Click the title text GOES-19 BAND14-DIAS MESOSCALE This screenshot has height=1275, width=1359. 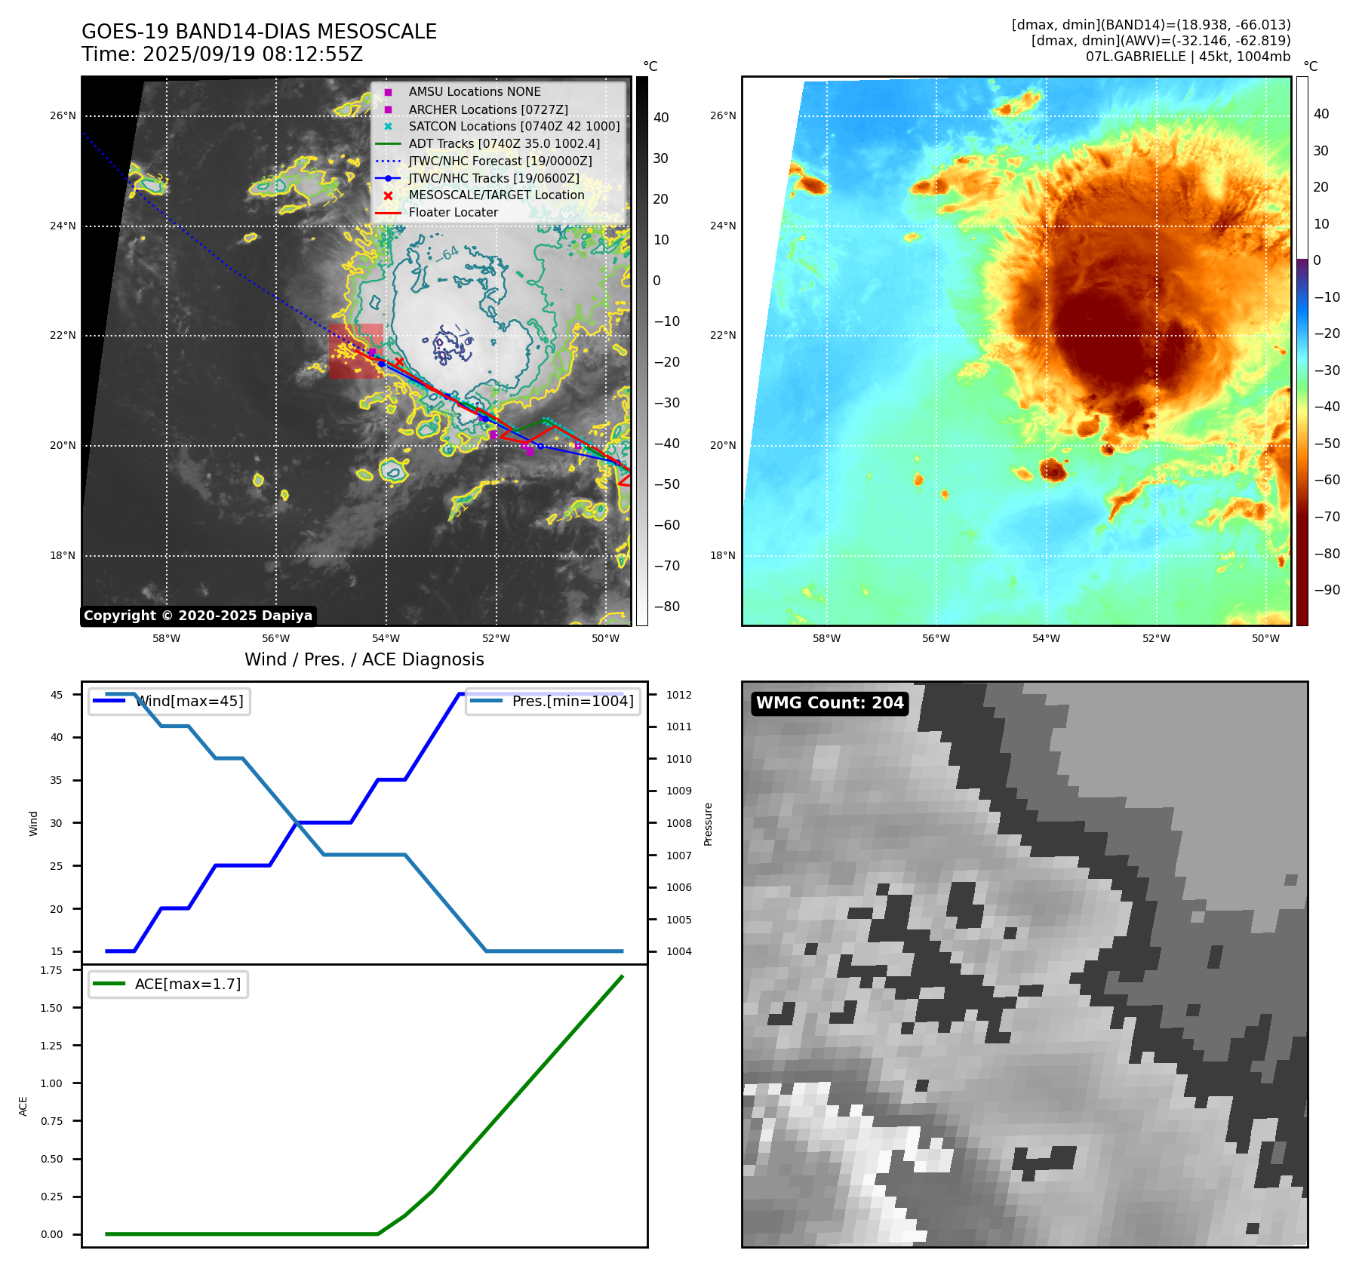tap(259, 32)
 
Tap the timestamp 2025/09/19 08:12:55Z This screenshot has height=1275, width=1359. tap(252, 54)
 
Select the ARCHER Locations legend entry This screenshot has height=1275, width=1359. tap(487, 109)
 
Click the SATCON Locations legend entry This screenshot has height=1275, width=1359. tap(513, 126)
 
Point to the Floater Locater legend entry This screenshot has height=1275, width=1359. tap(453, 212)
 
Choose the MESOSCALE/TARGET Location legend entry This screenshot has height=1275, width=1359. tap(496, 195)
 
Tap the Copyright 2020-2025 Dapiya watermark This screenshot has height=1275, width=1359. tap(198, 616)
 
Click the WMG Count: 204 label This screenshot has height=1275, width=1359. tap(829, 703)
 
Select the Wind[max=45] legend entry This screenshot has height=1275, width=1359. tap(189, 701)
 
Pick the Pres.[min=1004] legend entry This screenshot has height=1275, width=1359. tap(572, 701)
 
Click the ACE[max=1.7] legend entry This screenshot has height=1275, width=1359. tap(187, 984)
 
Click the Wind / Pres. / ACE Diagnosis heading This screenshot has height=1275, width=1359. tap(364, 659)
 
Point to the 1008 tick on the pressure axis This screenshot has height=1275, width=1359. tap(678, 823)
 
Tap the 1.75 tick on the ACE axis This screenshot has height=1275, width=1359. tap(51, 970)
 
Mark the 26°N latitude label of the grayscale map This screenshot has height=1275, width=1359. tap(63, 116)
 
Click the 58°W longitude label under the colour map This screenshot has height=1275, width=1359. tap(826, 638)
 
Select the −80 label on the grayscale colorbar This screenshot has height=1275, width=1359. tap(666, 607)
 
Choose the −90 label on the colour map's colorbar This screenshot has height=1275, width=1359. tap(1327, 590)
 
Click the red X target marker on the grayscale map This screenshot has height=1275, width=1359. tap(399, 362)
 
